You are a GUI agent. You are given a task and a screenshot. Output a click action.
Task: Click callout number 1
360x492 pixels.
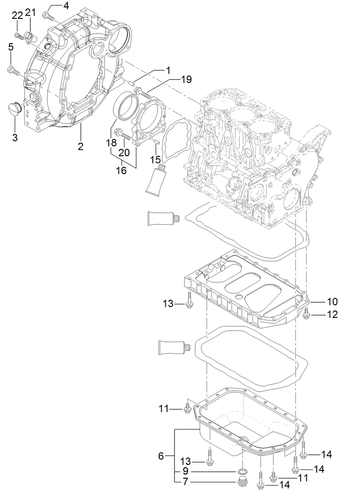pos(168,71)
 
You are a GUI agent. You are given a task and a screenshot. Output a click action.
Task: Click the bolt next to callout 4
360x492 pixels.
pos(48,17)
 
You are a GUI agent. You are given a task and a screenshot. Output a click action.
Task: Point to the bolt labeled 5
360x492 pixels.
pos(13,70)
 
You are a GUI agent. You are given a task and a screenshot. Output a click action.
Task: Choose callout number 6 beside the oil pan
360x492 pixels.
pos(161,456)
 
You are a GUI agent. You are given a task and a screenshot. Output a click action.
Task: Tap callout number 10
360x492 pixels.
pos(332,302)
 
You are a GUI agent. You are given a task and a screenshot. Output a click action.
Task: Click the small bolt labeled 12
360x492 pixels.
pos(307,314)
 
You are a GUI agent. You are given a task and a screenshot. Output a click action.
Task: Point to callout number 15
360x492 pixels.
pos(157,159)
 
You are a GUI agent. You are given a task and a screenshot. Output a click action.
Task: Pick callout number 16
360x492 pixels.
pos(122,171)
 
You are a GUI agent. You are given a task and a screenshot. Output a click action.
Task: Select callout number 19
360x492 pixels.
pos(186,79)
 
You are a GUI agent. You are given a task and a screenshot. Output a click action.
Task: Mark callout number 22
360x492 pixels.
pos(17,15)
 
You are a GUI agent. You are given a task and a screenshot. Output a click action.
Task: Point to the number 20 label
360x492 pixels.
pos(124,153)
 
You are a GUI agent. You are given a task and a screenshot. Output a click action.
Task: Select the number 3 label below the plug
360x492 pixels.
pos(15,137)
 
